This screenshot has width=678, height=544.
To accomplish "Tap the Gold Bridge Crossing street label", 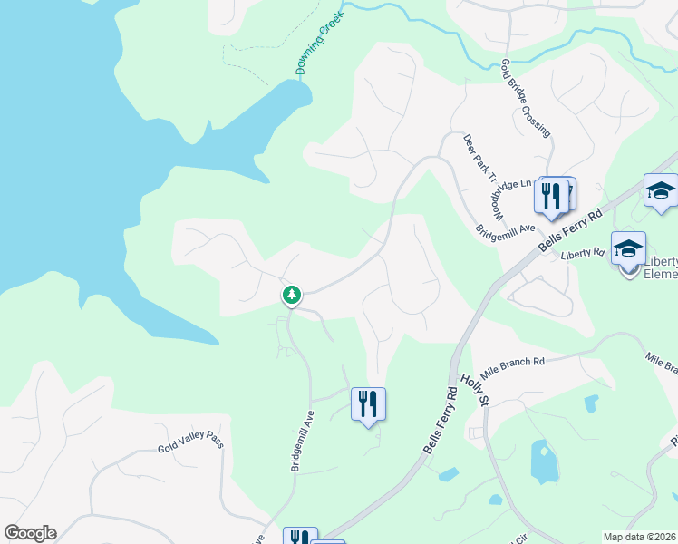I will click(527, 99).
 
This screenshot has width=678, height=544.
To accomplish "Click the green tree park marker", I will click(292, 295).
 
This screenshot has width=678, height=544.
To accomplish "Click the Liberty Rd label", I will click(582, 253).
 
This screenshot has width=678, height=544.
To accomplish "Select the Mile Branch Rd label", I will click(513, 367).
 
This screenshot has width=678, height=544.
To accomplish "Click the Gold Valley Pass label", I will click(190, 442).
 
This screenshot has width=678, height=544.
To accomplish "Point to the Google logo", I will click(30, 533).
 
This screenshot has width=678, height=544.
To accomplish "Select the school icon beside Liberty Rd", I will click(628, 248).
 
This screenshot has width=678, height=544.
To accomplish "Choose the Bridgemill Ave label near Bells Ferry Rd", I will click(509, 228).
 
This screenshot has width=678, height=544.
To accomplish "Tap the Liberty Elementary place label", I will click(661, 268).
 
